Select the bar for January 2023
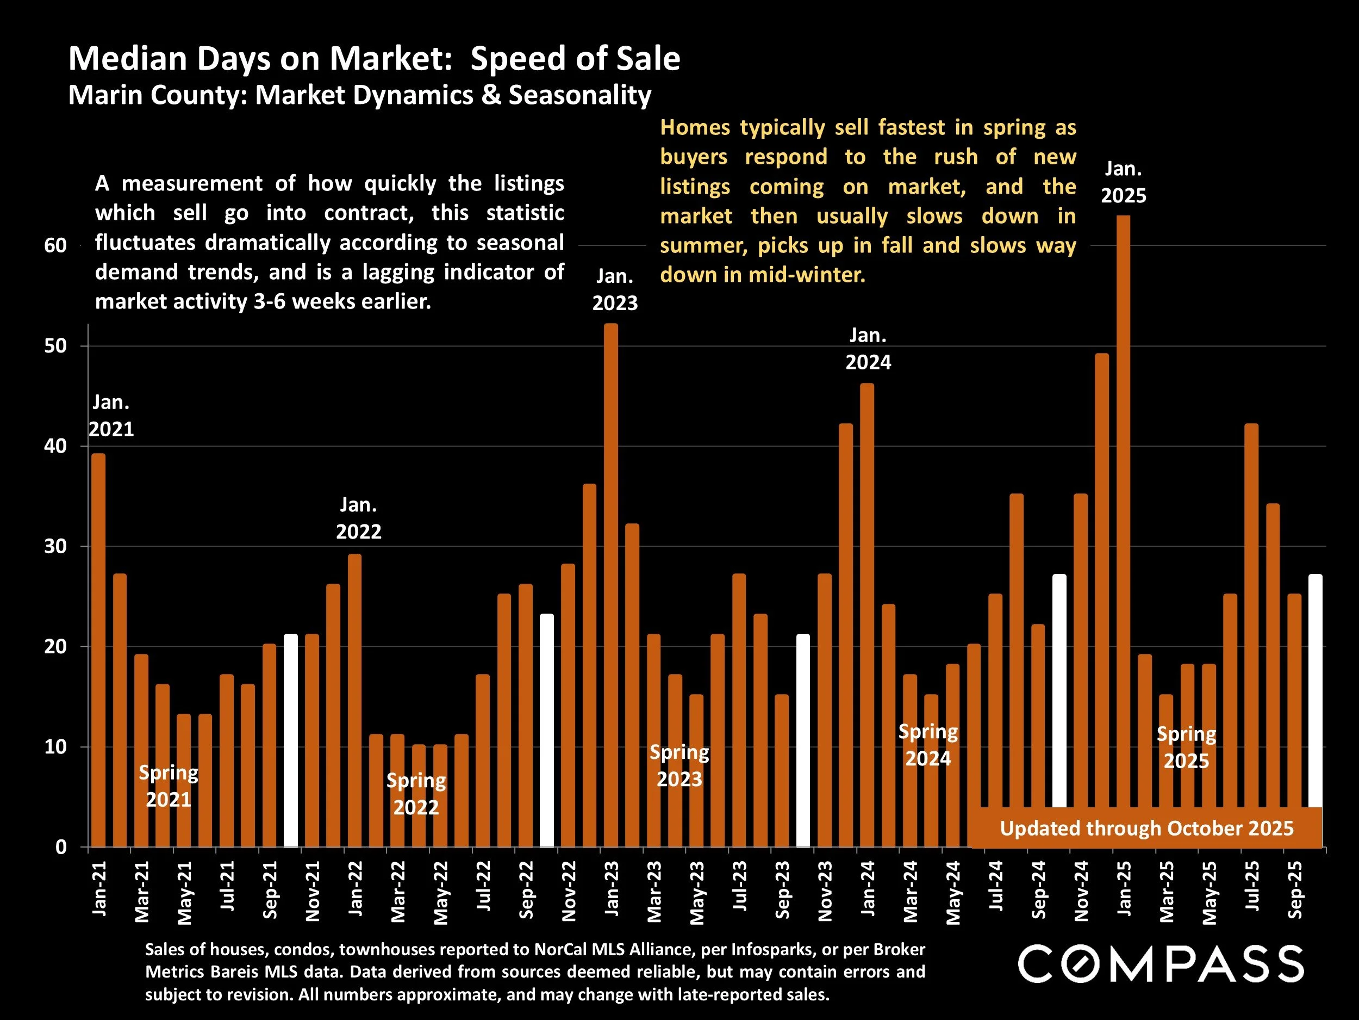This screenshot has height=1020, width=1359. pyautogui.click(x=612, y=584)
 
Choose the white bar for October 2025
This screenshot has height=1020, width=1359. pyautogui.click(x=1315, y=689)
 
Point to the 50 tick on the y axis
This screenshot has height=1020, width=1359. pyautogui.click(x=55, y=345)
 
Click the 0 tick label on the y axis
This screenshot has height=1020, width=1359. pyautogui.click(x=61, y=847)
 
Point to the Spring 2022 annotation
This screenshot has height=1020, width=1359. pyautogui.click(x=416, y=794)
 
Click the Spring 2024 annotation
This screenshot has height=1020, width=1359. pyautogui.click(x=928, y=745)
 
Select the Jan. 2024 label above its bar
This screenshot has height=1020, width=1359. pyautogui.click(x=868, y=349)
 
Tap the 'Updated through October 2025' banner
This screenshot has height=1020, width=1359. pyautogui.click(x=1146, y=828)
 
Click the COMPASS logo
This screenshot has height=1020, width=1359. pyautogui.click(x=1161, y=964)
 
